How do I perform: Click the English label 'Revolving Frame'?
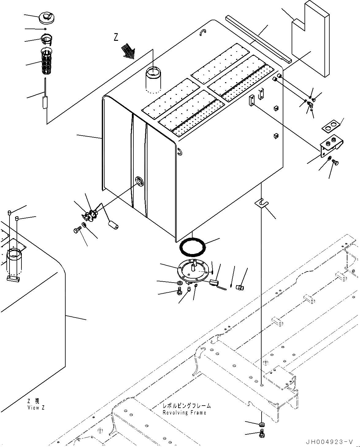click(184, 412)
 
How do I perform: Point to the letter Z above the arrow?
click(116, 37)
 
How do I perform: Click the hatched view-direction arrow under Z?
click(128, 50)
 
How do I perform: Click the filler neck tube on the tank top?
click(153, 79)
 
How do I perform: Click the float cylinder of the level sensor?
click(113, 227)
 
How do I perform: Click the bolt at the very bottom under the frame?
click(262, 433)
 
